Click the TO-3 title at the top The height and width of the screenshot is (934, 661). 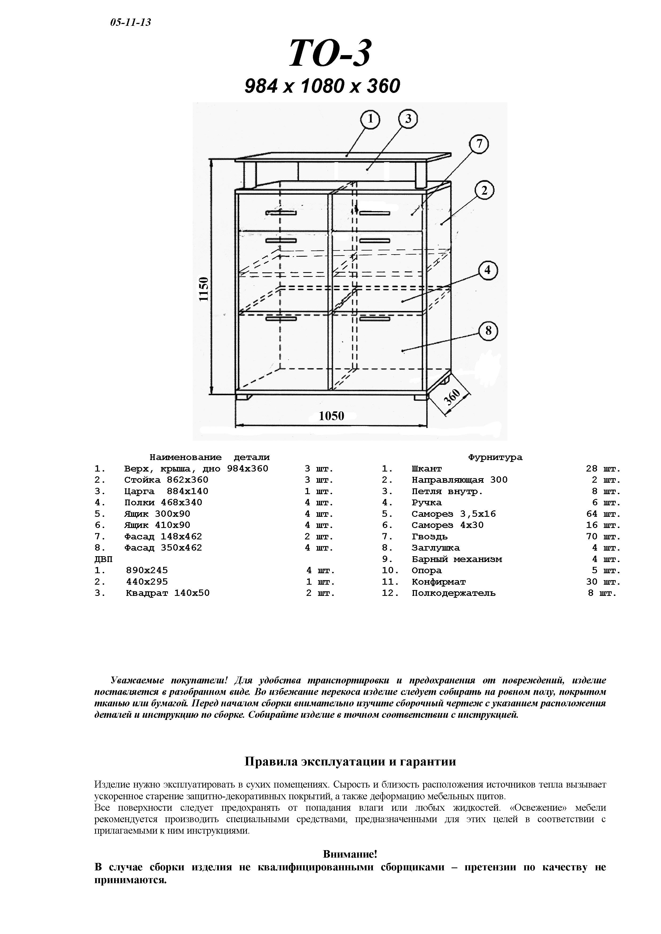click(x=330, y=54)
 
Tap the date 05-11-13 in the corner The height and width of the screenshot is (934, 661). click(x=130, y=22)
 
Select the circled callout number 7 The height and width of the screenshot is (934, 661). click(x=479, y=144)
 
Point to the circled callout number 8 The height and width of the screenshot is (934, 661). click(x=488, y=331)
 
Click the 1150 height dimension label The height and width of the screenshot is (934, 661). click(x=204, y=289)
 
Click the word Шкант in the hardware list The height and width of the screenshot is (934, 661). click(x=426, y=469)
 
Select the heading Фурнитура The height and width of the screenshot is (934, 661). click(x=495, y=457)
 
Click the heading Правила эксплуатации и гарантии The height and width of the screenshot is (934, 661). click(x=350, y=761)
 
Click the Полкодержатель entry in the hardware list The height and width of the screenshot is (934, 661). click(x=453, y=593)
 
